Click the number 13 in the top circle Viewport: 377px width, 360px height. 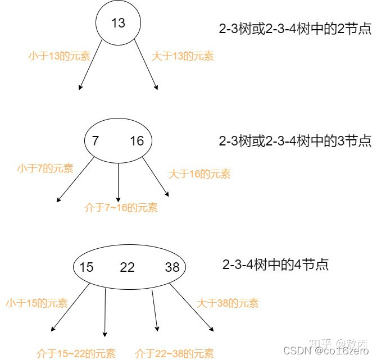pos(119,23)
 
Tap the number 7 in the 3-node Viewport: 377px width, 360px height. pos(96,141)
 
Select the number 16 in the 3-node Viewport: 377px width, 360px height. pos(137,141)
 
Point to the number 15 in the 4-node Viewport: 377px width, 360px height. pos(86,267)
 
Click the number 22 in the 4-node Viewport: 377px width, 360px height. pos(128,267)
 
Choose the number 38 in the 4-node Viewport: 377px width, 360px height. pos(172,267)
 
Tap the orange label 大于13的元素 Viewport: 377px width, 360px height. pos(183,56)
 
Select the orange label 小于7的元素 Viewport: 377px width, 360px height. pos(45,168)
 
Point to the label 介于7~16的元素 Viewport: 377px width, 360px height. pos(121,208)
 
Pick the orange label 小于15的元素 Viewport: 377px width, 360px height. pos(37,303)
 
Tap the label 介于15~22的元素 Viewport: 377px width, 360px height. pos(76,353)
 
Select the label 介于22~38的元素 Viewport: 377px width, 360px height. pos(175,353)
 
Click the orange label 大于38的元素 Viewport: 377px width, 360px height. pos(228,303)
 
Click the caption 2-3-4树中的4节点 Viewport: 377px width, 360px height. pos(275,264)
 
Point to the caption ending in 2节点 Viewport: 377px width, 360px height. pos(295,28)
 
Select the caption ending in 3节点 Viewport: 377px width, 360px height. pos(295,140)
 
